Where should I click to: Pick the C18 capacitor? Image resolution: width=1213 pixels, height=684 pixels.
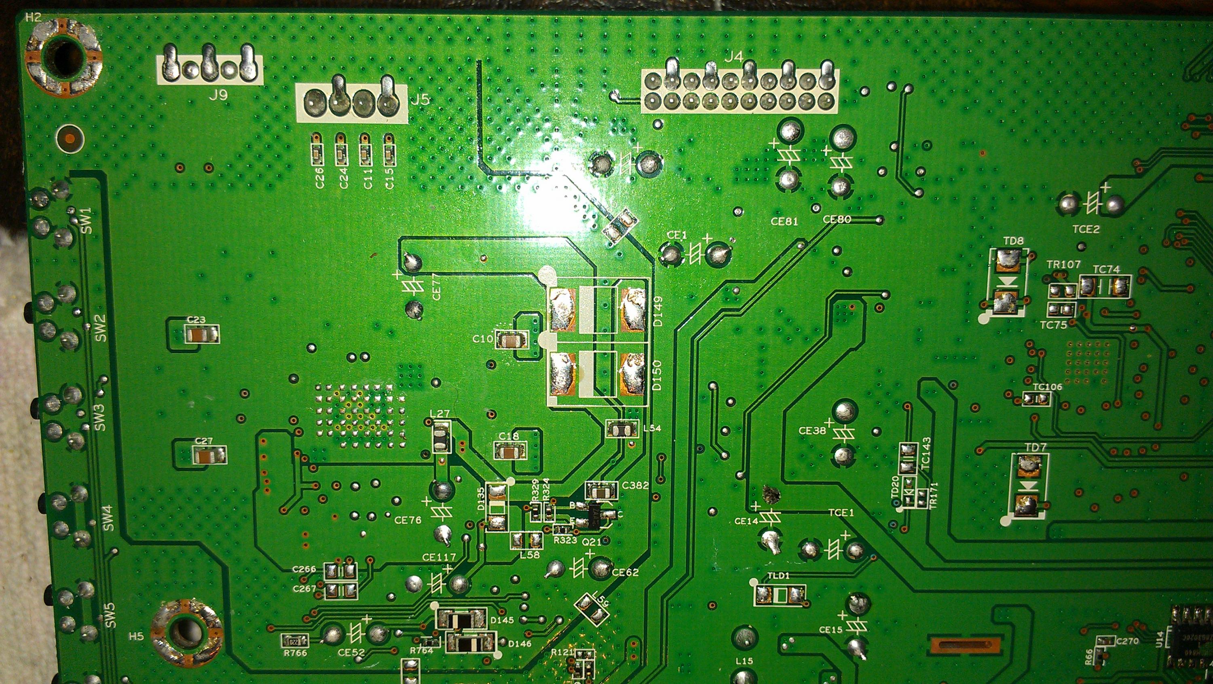click(x=509, y=452)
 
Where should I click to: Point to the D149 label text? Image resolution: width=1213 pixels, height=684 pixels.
click(x=658, y=311)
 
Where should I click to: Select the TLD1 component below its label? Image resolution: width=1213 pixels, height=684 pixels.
click(x=779, y=595)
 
